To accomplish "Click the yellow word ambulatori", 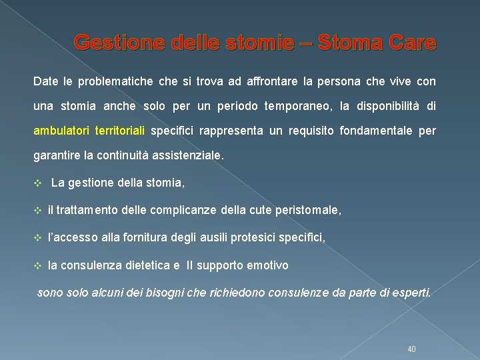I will (61, 131).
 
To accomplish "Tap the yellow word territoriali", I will (120, 131).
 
